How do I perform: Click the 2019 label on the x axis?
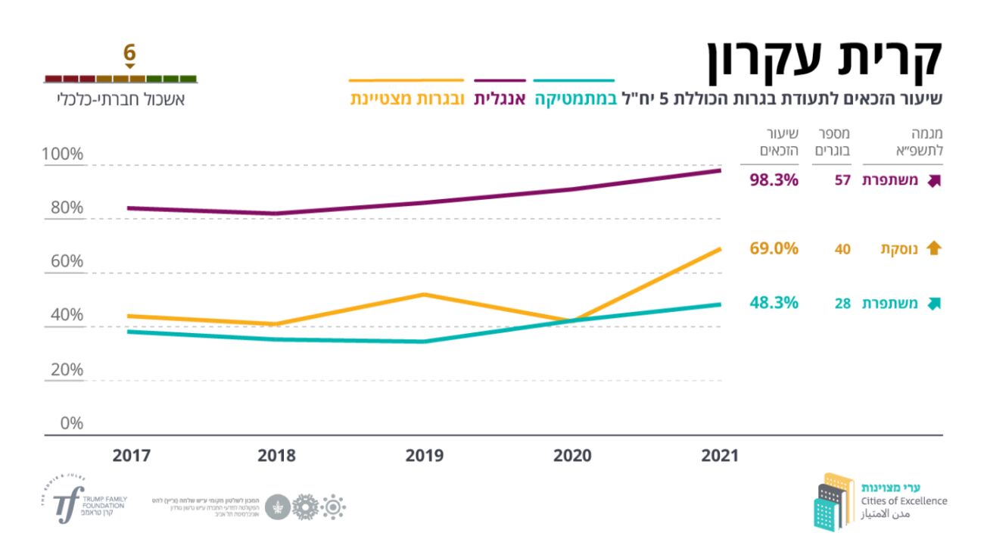pyautogui.click(x=425, y=456)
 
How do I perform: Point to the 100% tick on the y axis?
pyautogui.click(x=63, y=154)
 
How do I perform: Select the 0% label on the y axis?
pyautogui.click(x=71, y=423)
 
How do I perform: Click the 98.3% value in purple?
pyautogui.click(x=774, y=180)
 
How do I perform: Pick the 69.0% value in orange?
pyautogui.click(x=774, y=248)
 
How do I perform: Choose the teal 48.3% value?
pyautogui.click(x=774, y=303)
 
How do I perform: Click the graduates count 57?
pyautogui.click(x=842, y=181)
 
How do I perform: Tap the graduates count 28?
pyautogui.click(x=842, y=304)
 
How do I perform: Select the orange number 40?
pyautogui.click(x=842, y=248)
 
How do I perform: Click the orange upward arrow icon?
pyautogui.click(x=933, y=248)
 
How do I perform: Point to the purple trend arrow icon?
pyautogui.click(x=933, y=181)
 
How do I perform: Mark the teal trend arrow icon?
pyautogui.click(x=933, y=304)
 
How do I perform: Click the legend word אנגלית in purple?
pyautogui.click(x=500, y=99)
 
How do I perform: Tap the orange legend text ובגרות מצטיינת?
pyautogui.click(x=406, y=99)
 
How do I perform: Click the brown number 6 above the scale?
pyautogui.click(x=129, y=53)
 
